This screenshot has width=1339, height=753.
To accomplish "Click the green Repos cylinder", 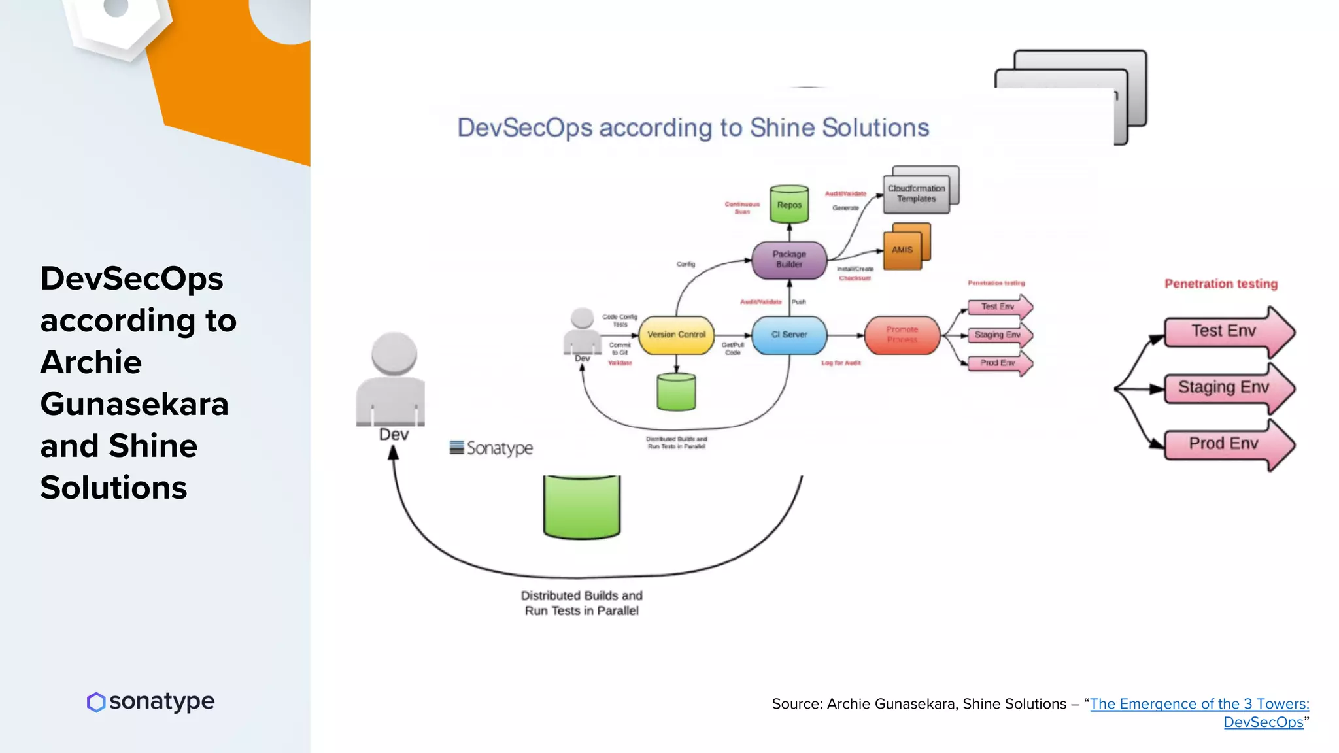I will click(789, 205).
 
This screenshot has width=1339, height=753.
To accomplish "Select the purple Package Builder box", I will click(789, 259).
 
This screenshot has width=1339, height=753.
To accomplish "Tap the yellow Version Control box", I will click(676, 335).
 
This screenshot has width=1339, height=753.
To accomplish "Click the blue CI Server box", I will click(789, 335).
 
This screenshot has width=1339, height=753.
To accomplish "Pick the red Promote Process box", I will click(902, 335).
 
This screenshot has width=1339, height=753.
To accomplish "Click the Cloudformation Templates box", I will click(917, 193).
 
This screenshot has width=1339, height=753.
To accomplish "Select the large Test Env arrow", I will click(1224, 331).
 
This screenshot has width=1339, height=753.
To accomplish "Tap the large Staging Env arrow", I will click(1224, 388).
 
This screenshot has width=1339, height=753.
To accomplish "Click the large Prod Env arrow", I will click(1224, 444).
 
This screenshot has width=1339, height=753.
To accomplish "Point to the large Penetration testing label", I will click(1221, 284).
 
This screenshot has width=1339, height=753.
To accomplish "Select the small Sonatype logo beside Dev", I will click(492, 448).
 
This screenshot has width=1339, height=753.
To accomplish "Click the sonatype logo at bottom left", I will click(151, 701).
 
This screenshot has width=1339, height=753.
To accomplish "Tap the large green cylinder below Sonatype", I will click(581, 507).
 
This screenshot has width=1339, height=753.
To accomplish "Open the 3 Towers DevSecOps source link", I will click(1199, 704).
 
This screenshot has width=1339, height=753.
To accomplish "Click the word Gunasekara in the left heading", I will click(134, 404).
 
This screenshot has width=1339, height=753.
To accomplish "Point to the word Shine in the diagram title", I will click(782, 127).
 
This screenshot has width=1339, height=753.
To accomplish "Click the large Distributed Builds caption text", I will click(581, 603).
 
